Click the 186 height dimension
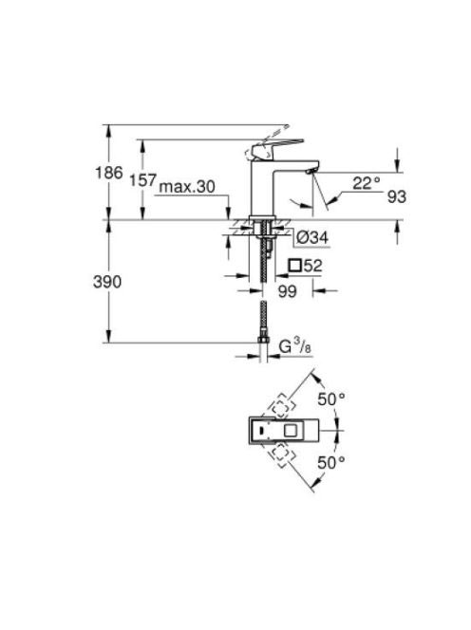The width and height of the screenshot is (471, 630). point(108,174)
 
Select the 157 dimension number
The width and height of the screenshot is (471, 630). point(142,180)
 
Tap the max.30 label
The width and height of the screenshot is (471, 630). point(187,187)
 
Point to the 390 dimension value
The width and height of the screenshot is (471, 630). point(107,282)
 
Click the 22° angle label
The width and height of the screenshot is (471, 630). point(367,184)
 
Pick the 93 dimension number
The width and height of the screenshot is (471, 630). point(397,197)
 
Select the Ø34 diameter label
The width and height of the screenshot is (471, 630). point(312,237)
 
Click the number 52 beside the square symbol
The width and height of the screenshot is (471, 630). point(312,266)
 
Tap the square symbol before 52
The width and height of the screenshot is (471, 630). point(295,266)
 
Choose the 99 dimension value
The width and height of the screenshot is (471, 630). point(287,291)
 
